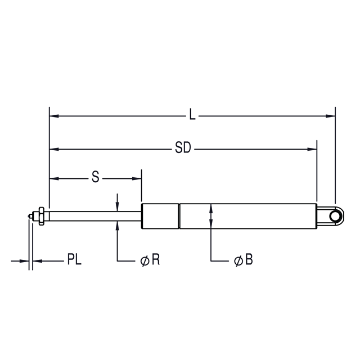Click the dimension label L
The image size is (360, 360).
click(x=192, y=114)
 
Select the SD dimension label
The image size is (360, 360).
click(x=183, y=147)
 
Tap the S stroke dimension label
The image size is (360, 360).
click(x=96, y=177)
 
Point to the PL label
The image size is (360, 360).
click(x=74, y=259)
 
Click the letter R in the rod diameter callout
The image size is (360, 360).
click(x=156, y=259)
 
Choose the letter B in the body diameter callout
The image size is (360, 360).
click(x=249, y=259)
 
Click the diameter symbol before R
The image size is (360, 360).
click(x=145, y=261)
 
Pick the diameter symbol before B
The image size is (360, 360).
click(x=238, y=261)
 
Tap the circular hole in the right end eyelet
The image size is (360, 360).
click(x=335, y=216)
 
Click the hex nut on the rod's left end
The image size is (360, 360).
click(x=41, y=216)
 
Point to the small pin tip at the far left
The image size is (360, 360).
click(x=30, y=216)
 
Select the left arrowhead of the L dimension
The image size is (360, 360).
click(x=54, y=116)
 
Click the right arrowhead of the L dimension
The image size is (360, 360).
click(x=331, y=116)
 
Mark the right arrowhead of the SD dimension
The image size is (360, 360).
click(x=312, y=149)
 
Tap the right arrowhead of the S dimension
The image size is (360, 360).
click(x=137, y=179)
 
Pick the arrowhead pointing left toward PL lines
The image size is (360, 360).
click(x=38, y=261)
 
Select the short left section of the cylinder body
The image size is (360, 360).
click(x=160, y=216)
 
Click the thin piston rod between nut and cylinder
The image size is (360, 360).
click(x=95, y=216)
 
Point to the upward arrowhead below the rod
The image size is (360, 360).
click(x=118, y=226)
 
